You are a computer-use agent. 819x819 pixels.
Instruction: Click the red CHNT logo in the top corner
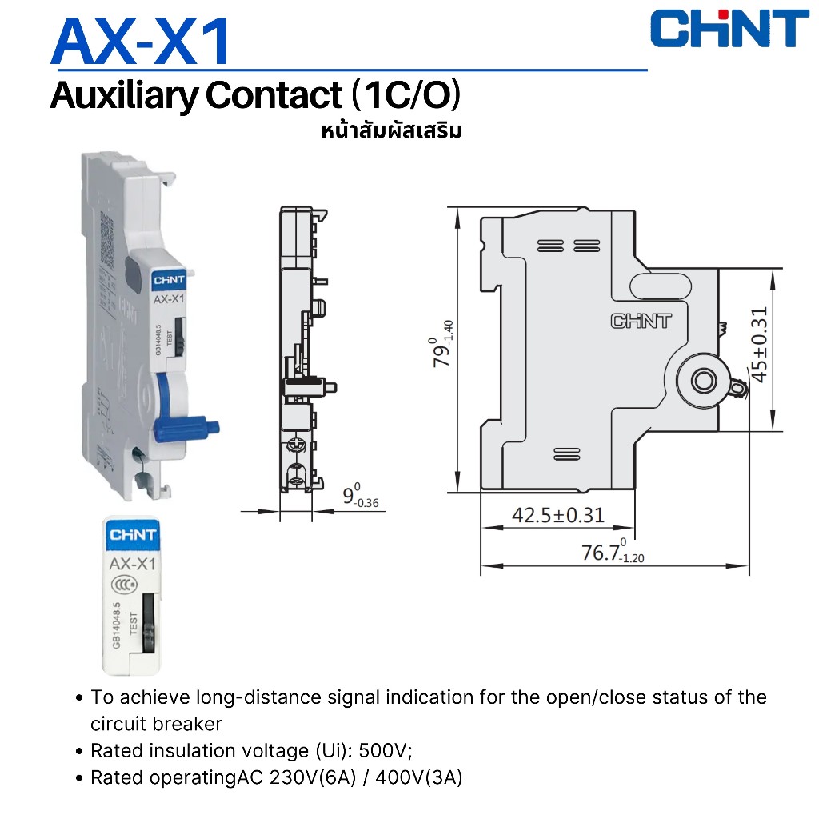point(729,29)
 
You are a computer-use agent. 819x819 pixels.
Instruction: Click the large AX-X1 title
point(141,42)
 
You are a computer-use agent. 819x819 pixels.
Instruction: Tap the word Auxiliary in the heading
point(124,96)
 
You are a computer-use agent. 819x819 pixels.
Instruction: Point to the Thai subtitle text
point(392,130)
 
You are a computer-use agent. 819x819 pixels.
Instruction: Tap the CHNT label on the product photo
point(169,280)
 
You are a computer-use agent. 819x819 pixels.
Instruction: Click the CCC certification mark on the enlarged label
point(124,585)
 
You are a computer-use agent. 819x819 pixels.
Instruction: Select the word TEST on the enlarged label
point(134,623)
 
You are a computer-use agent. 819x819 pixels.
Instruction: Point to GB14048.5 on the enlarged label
point(116,625)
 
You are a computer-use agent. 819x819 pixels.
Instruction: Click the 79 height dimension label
point(441,344)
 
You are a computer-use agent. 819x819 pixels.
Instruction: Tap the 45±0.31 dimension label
point(759,345)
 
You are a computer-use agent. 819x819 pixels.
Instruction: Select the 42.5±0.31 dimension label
point(557,515)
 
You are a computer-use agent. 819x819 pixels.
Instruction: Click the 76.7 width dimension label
point(613,551)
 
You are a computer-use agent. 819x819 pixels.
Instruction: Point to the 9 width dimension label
point(361,495)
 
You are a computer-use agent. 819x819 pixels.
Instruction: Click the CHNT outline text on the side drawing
point(641,321)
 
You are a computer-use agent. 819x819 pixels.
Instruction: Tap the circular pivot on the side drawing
point(704,380)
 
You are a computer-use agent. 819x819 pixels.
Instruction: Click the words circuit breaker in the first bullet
point(156,724)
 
